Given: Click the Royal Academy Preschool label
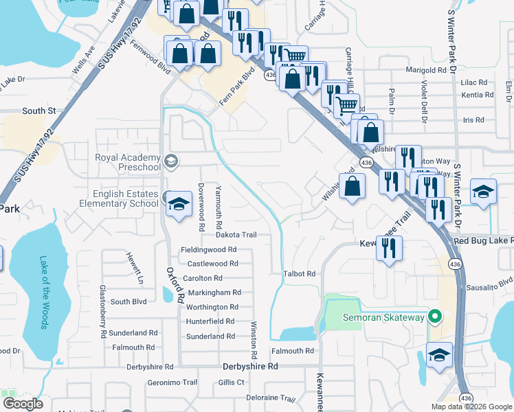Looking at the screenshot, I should tap(127, 162).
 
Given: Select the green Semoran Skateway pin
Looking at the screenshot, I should tap(433, 317).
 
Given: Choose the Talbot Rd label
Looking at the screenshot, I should tap(299, 273).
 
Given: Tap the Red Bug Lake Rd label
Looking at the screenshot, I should tap(482, 241).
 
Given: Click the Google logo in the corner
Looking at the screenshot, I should tap(23, 404).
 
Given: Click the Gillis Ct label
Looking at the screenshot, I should tap(232, 382).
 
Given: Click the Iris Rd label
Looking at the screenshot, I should tap(474, 119).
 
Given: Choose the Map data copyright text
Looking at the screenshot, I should tap(471, 407).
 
